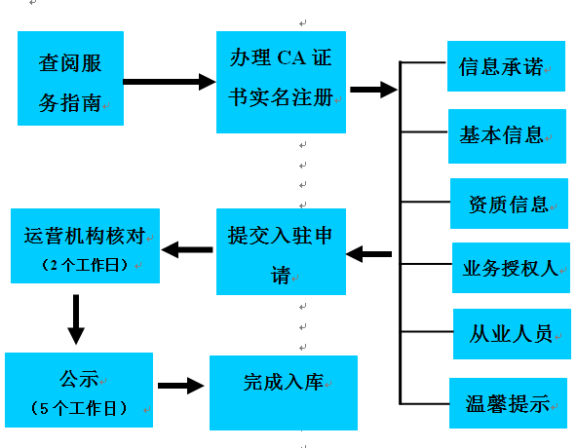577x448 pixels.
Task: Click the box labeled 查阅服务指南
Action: tap(70, 78)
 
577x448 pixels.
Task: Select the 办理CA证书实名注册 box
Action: tap(281, 82)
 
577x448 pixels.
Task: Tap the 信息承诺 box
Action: tap(506, 66)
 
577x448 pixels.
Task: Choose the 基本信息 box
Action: tap(507, 136)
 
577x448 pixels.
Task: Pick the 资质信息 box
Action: tap(510, 204)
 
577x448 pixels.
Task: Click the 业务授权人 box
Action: tap(511, 268)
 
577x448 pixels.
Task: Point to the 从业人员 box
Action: tap(512, 334)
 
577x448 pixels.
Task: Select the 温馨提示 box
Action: tap(508, 403)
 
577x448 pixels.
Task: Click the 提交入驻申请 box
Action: tap(281, 251)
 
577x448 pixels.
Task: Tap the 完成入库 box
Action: tap(284, 392)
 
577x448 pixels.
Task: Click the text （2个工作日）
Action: tap(85, 265)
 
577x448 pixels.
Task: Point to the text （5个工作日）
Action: tap(79, 408)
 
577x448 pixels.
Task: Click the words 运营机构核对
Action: tap(85, 236)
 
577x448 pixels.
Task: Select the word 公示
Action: tap(79, 379)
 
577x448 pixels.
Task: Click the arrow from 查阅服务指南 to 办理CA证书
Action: tap(170, 82)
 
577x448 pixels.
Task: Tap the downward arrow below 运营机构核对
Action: tap(76, 319)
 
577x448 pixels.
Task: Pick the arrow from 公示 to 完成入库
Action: tap(181, 386)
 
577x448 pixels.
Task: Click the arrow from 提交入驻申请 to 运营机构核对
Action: tap(187, 249)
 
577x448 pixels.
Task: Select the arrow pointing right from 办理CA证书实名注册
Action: tap(374, 90)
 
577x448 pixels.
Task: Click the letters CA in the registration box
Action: tap(291, 58)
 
